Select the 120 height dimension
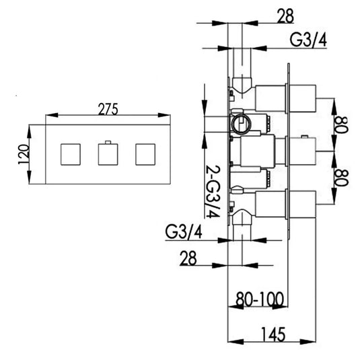tap(23, 155)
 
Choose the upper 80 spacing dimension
tap(343, 125)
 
